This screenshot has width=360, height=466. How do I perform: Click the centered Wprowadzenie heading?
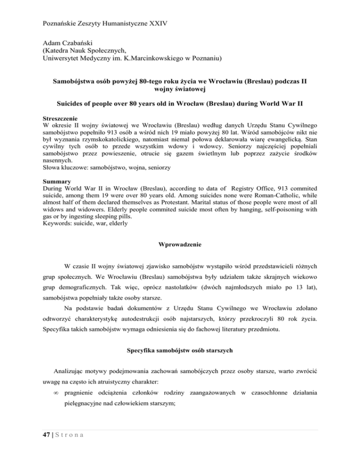tap(180, 270)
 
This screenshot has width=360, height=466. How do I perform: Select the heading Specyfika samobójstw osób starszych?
tap(180, 367)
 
